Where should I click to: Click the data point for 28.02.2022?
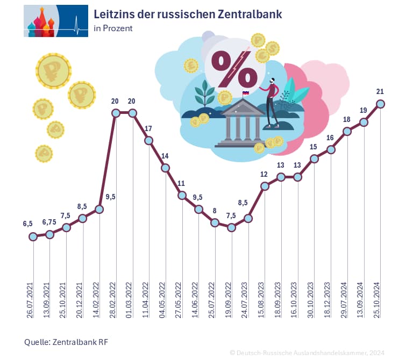[116, 113]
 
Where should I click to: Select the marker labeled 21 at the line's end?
[380, 104]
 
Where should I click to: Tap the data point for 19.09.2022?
[231, 227]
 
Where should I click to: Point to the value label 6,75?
[49, 221]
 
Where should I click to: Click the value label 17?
[149, 128]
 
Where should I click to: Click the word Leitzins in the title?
[115, 15]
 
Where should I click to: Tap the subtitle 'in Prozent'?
[113, 28]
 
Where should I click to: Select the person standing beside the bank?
[272, 102]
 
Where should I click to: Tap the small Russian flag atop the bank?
[246, 93]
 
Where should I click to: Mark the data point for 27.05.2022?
[182, 196]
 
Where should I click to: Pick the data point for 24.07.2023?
[248, 218]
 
